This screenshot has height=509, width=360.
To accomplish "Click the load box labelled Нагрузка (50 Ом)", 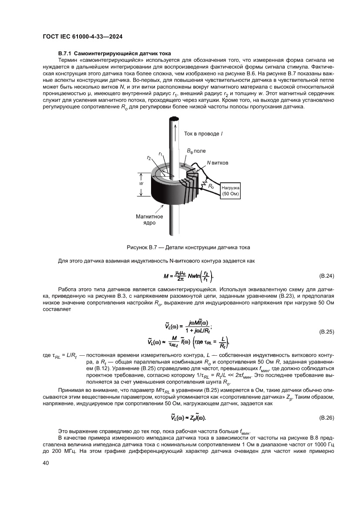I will click(x=231, y=190).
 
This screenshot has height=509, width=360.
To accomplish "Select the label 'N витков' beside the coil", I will click(x=217, y=162).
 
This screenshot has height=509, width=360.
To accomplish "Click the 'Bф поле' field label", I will click(x=196, y=150).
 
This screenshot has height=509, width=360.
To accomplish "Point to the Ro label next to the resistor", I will click(x=211, y=186).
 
